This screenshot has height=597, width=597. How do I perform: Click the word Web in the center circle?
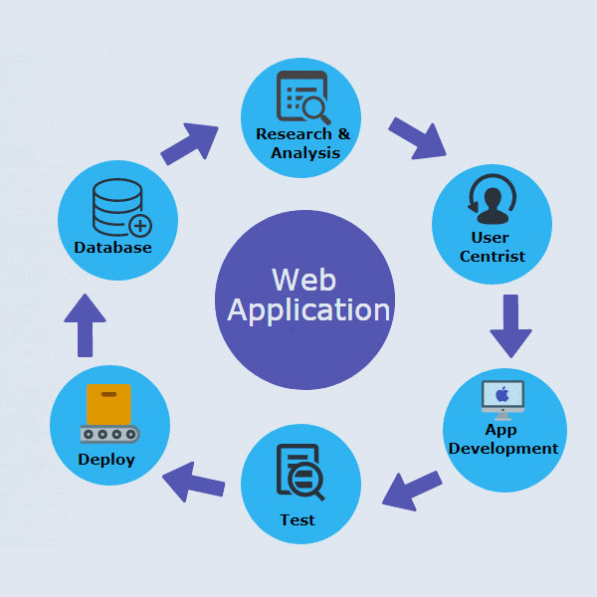pyautogui.click(x=304, y=278)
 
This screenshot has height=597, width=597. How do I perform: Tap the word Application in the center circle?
pyautogui.click(x=308, y=309)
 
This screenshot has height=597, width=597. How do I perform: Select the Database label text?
pyautogui.click(x=112, y=247)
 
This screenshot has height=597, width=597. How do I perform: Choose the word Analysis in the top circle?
pyautogui.click(x=305, y=152)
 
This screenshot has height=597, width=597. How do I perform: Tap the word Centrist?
pyautogui.click(x=492, y=257)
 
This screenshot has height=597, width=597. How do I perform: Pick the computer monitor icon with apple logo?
pyautogui.click(x=502, y=396)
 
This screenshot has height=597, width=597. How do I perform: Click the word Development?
pyautogui.click(x=503, y=448)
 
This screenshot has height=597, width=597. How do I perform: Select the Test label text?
pyautogui.click(x=298, y=519)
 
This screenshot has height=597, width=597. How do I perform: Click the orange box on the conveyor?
pyautogui.click(x=108, y=404)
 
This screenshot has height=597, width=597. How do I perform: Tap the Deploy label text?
pyautogui.click(x=106, y=459)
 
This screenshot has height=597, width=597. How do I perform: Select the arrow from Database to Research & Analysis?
pyautogui.click(x=190, y=143)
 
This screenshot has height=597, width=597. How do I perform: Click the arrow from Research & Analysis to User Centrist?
pyautogui.click(x=417, y=137)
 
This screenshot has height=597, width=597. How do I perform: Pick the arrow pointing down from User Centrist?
pyautogui.click(x=511, y=324)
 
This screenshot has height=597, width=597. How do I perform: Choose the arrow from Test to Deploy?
pyautogui.click(x=193, y=483)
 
